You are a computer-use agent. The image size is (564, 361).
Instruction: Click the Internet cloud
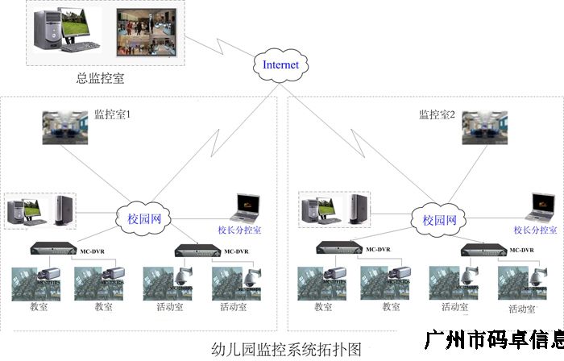coord(280,64)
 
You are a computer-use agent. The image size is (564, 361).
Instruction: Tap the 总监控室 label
coord(100,79)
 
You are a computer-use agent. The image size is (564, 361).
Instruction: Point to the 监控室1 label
coord(112,115)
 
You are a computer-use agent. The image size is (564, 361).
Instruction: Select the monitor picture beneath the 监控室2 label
coord(484,128)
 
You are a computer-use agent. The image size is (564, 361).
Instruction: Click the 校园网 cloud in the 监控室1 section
coord(134,219)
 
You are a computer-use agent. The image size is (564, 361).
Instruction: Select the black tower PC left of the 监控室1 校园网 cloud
coord(64,210)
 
